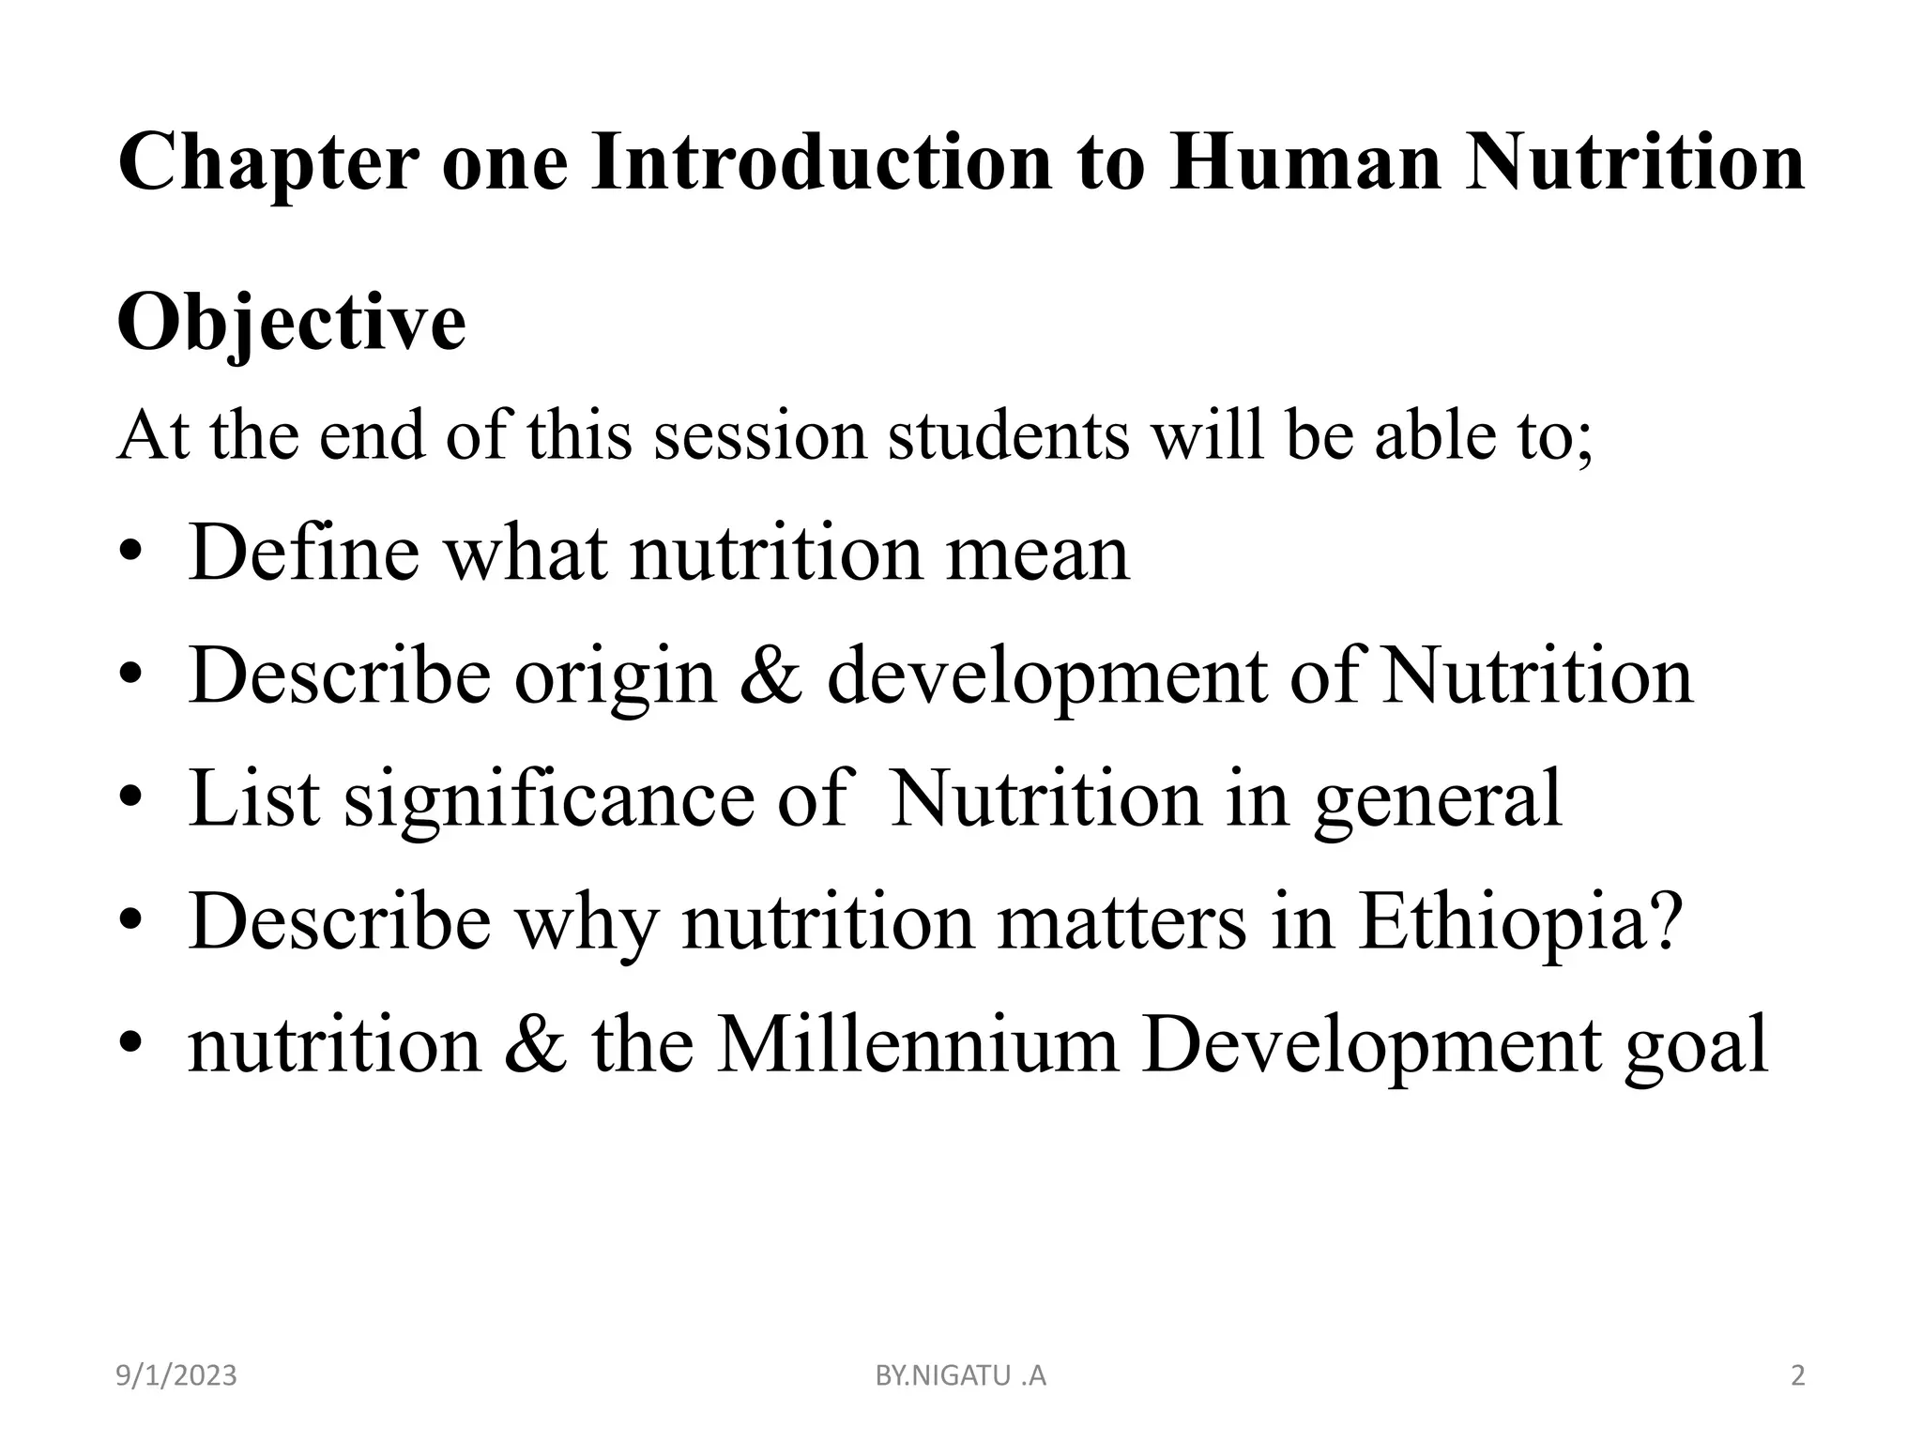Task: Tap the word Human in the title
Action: click(1304, 164)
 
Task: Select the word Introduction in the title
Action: click(821, 164)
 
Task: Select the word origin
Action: click(615, 677)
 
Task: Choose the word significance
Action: click(548, 799)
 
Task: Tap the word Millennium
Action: click(918, 1044)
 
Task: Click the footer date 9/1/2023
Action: click(176, 1376)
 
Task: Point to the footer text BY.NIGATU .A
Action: click(960, 1376)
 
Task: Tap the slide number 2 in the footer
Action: click(1798, 1376)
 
